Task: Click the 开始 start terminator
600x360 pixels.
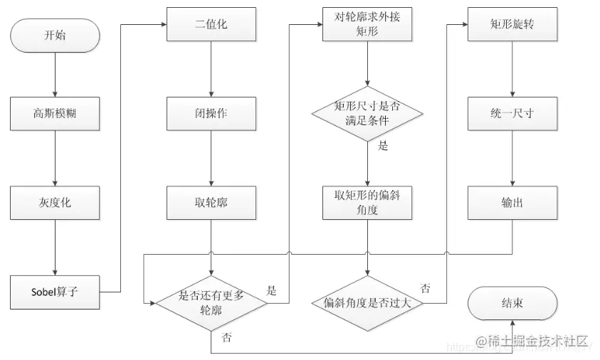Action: click(55, 35)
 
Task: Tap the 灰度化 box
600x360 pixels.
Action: click(55, 202)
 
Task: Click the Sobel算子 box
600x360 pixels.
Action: click(55, 292)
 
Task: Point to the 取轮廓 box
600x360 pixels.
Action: click(211, 202)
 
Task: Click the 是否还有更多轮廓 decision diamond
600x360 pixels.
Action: click(211, 302)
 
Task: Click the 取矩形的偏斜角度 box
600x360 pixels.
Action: click(367, 202)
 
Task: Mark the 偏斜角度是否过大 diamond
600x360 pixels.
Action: click(367, 302)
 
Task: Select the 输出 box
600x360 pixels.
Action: click(512, 202)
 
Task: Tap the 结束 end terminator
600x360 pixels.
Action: click(512, 302)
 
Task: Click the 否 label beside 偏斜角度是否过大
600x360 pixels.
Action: click(425, 288)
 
